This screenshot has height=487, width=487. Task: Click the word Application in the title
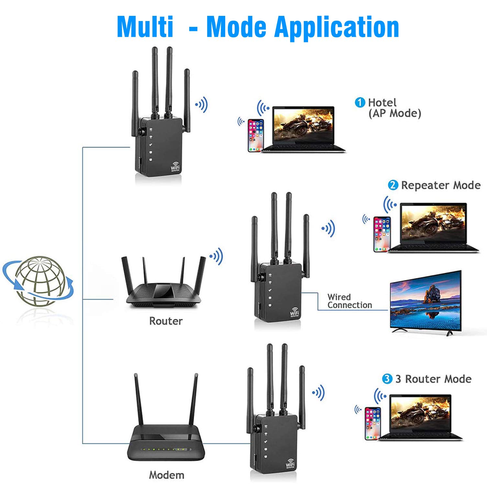[x=337, y=27]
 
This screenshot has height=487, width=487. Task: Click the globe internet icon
[x=39, y=281]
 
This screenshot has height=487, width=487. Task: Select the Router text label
[x=166, y=321]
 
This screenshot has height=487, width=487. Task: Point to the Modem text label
[x=167, y=475]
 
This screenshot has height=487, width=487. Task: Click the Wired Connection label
[x=349, y=301]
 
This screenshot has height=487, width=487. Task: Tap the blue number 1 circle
[x=360, y=103]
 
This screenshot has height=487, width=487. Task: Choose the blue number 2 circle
[x=393, y=185]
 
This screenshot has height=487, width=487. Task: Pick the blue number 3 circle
[x=387, y=379]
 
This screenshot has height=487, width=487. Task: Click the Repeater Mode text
[x=441, y=185]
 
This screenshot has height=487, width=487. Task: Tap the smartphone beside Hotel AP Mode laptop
[x=256, y=135]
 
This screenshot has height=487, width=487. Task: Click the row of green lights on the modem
[x=165, y=449]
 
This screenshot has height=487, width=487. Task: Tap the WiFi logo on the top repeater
[x=175, y=167]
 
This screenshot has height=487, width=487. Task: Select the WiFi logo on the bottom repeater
[x=290, y=464]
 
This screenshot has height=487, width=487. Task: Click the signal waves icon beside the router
[x=216, y=256]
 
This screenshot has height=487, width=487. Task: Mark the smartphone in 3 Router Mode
[x=373, y=423]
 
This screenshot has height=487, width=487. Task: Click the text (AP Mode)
[x=395, y=113]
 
